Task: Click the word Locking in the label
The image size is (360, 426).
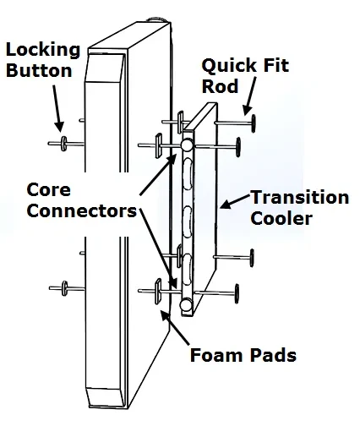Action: coord(43,50)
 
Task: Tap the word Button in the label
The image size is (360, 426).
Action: coord(39,70)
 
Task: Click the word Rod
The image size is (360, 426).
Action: coord(220,86)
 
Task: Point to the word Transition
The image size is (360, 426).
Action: coord(300,197)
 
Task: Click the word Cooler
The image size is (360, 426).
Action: coord(281,218)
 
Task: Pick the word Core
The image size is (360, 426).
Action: coord(48,190)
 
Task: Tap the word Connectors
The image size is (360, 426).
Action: coord(82,210)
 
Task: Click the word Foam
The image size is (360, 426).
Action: coord(216,355)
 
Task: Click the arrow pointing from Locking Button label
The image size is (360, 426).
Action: coord(57,108)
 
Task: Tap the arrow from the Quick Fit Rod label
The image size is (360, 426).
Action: coord(249,96)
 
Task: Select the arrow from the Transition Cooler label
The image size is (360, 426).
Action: coord(235,201)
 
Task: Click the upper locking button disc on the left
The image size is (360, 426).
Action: coord(64,144)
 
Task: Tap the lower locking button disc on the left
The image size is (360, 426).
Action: coord(65,288)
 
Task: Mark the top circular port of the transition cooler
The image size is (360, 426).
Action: coord(186,145)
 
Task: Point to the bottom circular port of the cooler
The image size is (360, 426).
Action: coord(186,304)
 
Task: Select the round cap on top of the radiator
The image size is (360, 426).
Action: coord(159,19)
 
